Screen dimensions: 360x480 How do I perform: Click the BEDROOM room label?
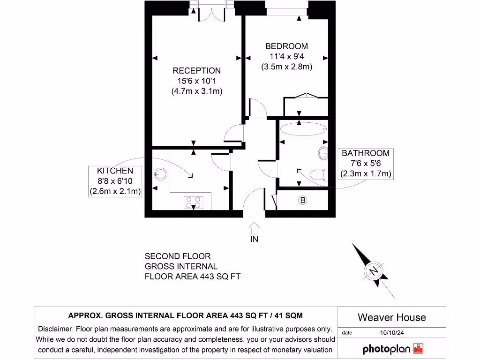[286, 46]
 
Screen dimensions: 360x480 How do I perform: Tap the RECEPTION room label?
[196, 71]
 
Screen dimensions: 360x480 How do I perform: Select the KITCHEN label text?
[115, 171]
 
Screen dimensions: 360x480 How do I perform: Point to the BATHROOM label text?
[365, 153]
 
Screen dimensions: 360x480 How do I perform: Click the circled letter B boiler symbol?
[303, 201]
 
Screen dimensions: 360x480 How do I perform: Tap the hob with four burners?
[194, 202]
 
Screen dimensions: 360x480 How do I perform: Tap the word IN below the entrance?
[254, 239]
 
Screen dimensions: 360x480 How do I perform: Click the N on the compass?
[374, 271]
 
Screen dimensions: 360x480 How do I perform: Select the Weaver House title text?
[391, 317]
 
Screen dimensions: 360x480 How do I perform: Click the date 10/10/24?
[391, 333]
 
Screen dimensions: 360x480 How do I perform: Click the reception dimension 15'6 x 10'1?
[196, 81]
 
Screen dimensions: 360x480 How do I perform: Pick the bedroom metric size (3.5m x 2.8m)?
[286, 67]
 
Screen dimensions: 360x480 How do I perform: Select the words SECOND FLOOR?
[178, 256]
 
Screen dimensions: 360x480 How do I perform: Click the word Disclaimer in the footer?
[55, 329]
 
